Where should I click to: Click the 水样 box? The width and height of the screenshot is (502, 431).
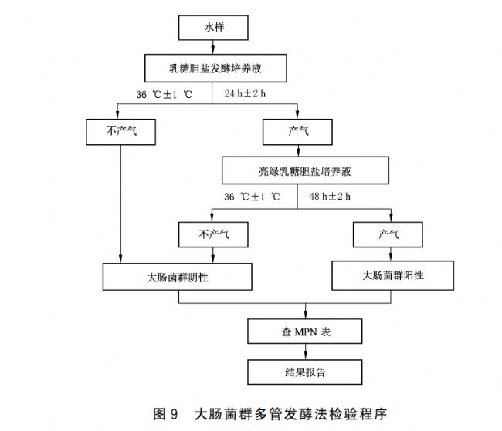coord(214,28)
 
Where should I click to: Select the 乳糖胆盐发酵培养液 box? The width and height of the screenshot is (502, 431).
coord(213,68)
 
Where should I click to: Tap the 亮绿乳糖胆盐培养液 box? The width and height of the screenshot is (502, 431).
coord(298,170)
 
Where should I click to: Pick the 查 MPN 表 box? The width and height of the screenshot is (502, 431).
coord(305,332)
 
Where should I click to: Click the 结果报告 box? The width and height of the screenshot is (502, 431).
coord(305,372)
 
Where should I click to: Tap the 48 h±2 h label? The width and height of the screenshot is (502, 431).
coord(330,197)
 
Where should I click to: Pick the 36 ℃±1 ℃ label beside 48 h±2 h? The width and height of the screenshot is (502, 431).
coord(251,197)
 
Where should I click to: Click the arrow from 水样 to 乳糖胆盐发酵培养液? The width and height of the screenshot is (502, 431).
coord(214,47)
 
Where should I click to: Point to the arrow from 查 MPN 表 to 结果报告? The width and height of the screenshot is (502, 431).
coord(305,352)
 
